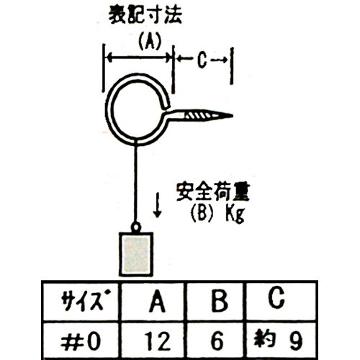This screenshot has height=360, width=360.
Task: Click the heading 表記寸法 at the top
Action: [x=145, y=15]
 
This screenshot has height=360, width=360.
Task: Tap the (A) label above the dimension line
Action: [x=150, y=41]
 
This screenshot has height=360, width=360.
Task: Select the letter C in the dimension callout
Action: [x=202, y=60]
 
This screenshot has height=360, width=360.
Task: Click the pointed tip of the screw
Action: [x=232, y=116]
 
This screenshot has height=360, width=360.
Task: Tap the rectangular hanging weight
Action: [x=136, y=254]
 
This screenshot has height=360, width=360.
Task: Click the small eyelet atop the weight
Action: [x=136, y=227]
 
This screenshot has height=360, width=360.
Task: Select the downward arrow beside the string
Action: [x=158, y=204]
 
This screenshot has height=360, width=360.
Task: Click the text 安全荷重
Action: [x=213, y=192]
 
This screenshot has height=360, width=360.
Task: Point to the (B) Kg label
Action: [x=217, y=214]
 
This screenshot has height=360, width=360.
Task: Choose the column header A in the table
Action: [x=157, y=301]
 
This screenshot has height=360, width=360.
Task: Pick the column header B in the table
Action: [x=220, y=301]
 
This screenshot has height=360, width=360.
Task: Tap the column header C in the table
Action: [x=276, y=297]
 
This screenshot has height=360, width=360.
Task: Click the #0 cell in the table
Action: [x=81, y=341]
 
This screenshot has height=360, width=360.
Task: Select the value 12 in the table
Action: [x=158, y=341]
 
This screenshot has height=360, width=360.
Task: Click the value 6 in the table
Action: [x=217, y=341]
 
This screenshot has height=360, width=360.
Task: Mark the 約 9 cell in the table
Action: [x=279, y=340]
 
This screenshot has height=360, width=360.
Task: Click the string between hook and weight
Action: [x=136, y=183]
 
